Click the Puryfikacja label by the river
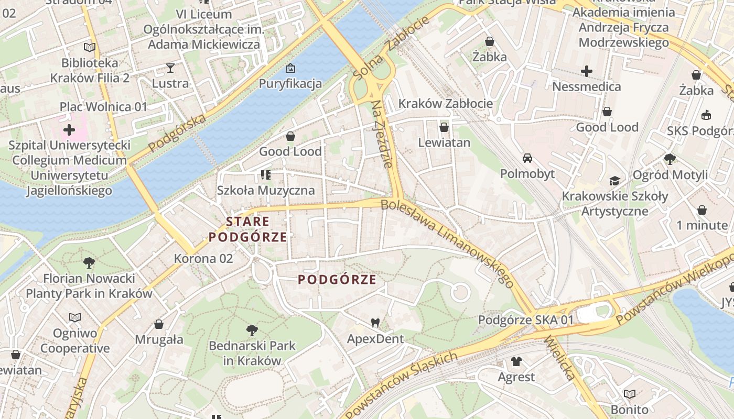[x=290, y=83]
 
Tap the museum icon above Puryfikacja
[x=290, y=68]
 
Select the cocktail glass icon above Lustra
[x=170, y=68]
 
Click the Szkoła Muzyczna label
[x=266, y=190]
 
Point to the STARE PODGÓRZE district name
[x=248, y=229]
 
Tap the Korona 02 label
[x=203, y=258]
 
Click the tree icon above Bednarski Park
[x=252, y=330]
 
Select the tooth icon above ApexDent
[x=375, y=323]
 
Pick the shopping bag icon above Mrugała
[x=159, y=324]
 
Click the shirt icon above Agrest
[x=516, y=361]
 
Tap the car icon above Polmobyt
[x=527, y=158]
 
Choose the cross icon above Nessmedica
[x=587, y=71]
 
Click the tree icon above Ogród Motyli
[x=670, y=159]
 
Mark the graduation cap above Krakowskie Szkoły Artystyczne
[x=614, y=181]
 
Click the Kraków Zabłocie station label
[x=446, y=103]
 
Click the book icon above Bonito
[x=630, y=394]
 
